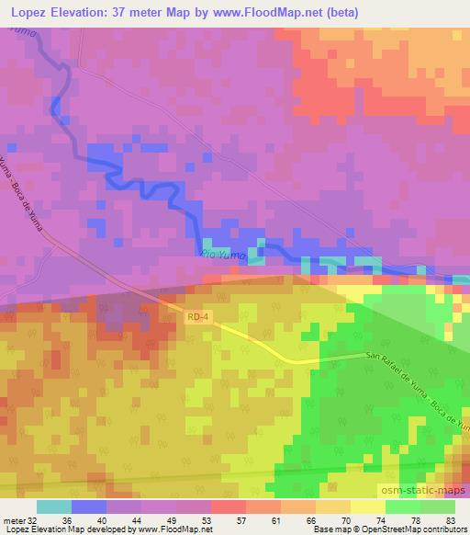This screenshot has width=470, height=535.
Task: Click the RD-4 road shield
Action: click(x=198, y=317)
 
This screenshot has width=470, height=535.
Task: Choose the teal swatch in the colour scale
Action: click(x=54, y=507)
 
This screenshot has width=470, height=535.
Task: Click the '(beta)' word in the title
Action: click(x=338, y=12)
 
